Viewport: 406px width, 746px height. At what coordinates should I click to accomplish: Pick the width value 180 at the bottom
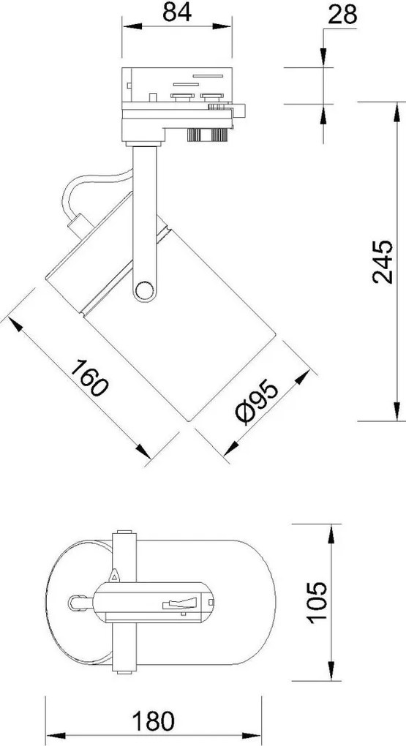coord(157,720)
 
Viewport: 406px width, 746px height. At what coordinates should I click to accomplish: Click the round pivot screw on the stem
coord(143,291)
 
